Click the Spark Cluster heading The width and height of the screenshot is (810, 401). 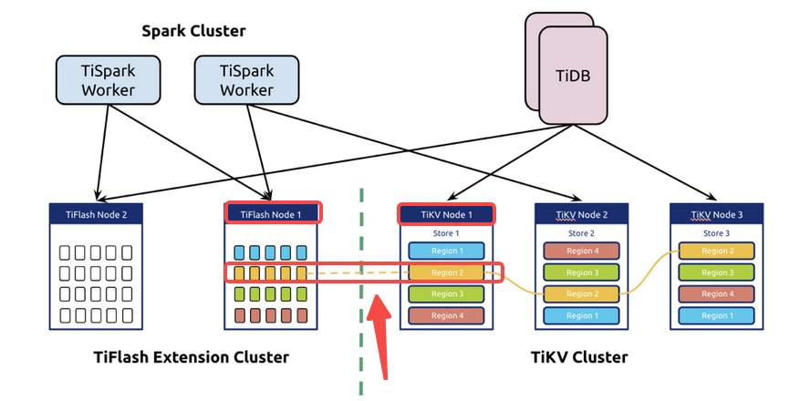tap(193, 31)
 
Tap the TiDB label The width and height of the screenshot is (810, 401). tap(573, 75)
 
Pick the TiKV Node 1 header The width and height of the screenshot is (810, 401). tap(446, 215)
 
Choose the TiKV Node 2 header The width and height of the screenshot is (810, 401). tap(581, 215)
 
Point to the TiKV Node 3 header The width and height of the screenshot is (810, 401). tap(716, 215)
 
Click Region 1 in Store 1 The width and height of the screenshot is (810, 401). tap(447, 251)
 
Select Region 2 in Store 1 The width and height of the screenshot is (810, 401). tap(447, 272)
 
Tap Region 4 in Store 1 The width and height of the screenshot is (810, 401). tap(447, 315)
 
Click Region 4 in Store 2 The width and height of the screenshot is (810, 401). tap(581, 251)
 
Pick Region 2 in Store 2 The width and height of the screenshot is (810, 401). tap(581, 293)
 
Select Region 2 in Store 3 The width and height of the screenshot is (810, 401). tap(716, 251)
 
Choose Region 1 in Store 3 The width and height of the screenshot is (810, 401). tap(716, 315)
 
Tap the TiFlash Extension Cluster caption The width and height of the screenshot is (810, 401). tap(191, 356)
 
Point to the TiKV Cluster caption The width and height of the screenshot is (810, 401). tap(578, 356)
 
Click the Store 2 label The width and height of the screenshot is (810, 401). tap(581, 233)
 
